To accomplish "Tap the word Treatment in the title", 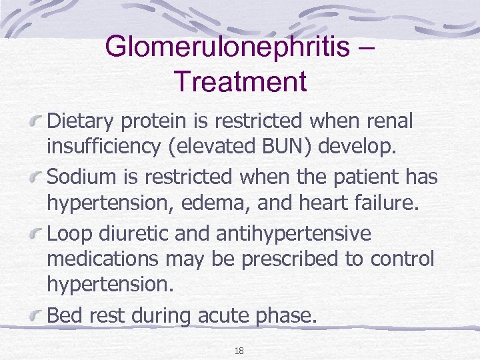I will coord(240,81).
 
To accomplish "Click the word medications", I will coord(99,259).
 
